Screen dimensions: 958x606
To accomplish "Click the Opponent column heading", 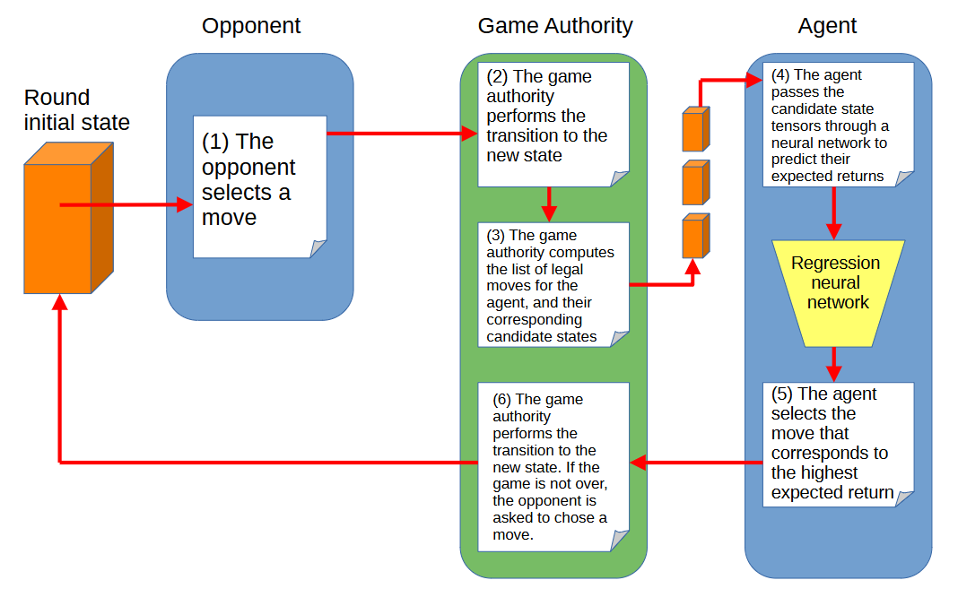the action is click(251, 26).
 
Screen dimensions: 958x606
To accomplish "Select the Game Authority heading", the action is click(554, 26).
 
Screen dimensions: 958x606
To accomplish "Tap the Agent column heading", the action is click(827, 26).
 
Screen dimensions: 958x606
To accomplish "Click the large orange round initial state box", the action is click(68, 218).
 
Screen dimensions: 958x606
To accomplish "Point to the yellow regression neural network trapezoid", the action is click(838, 293).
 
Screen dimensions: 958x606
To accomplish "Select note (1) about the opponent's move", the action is click(259, 186).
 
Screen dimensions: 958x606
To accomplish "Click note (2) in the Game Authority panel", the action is click(553, 125).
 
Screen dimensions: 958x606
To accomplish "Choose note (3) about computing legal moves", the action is click(553, 285).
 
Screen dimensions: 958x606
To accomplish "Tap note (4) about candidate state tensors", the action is click(838, 125).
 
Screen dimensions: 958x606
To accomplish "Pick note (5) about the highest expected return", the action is click(838, 445).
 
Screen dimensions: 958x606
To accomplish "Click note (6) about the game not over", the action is click(553, 467).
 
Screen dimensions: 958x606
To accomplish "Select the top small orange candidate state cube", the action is click(696, 129).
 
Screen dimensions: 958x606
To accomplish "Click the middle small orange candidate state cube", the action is click(696, 182).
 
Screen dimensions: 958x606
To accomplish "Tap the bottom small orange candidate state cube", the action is click(696, 235).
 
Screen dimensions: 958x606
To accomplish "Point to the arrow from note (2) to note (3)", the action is click(549, 204).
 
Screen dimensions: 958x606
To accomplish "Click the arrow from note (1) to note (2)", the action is click(402, 134).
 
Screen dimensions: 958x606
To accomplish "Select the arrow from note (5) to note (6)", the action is click(696, 463).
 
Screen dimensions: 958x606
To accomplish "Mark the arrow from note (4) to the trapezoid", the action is click(834, 213).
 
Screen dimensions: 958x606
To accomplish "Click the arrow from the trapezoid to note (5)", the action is click(834, 365).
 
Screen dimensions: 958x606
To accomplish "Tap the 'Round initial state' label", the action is click(77, 110).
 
